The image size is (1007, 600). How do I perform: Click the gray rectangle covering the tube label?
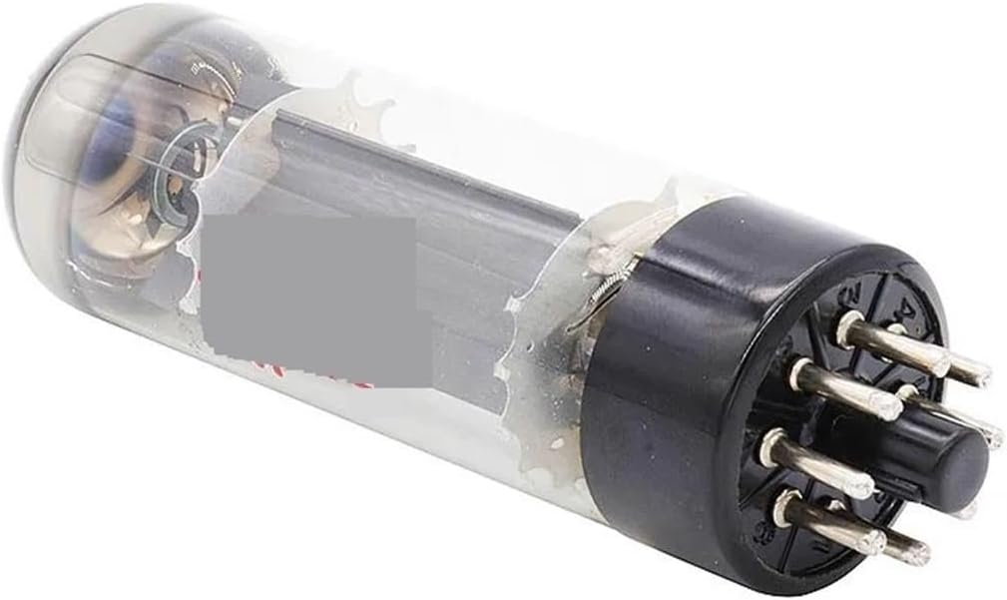pos(308,299)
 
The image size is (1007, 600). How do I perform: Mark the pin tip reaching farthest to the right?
pos(991,431)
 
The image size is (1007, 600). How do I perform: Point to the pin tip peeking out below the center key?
pos(964,511)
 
